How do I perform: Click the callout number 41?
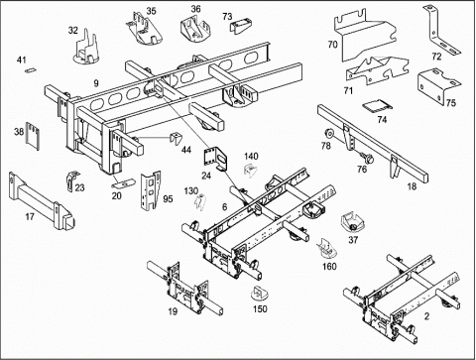(x=22, y=60)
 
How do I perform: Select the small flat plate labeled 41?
(x=30, y=69)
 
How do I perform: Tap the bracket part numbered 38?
(x=33, y=136)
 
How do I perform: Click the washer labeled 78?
(x=329, y=134)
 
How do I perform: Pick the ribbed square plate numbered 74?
(x=377, y=106)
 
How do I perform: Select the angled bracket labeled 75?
(x=439, y=86)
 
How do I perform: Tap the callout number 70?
(x=332, y=44)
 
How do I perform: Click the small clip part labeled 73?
(x=241, y=26)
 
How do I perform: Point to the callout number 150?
(x=260, y=309)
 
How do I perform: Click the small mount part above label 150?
(x=260, y=293)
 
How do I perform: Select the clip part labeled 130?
(x=201, y=202)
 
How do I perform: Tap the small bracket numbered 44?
(x=175, y=138)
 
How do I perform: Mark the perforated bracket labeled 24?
(x=215, y=159)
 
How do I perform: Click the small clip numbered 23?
(x=72, y=180)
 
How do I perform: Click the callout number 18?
(x=412, y=186)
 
